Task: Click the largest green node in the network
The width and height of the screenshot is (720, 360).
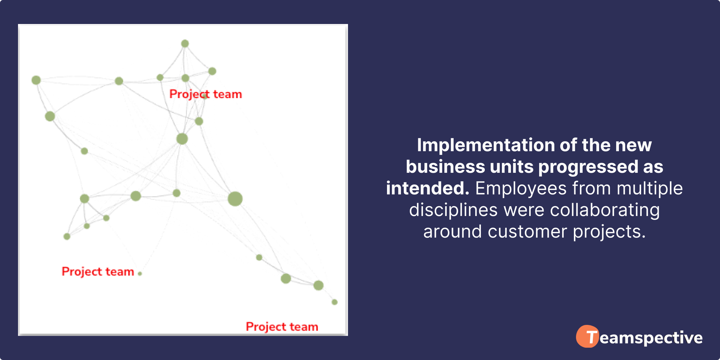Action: (x=235, y=199)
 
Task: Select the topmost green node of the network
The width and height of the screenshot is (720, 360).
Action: (x=185, y=43)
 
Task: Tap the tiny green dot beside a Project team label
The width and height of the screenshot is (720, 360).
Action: (x=140, y=273)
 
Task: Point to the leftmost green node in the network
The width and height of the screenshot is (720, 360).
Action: (x=36, y=80)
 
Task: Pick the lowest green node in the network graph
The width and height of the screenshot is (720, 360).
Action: (x=334, y=302)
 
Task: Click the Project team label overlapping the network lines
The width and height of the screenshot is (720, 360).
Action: (x=205, y=94)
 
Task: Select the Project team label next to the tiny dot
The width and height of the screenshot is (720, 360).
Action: (x=98, y=272)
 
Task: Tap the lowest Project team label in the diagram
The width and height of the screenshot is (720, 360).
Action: (x=282, y=327)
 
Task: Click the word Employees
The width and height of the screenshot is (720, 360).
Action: (x=521, y=188)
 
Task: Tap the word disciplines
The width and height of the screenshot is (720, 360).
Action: (x=454, y=210)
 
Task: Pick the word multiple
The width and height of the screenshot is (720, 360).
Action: (x=649, y=188)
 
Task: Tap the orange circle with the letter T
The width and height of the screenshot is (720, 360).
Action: (x=587, y=336)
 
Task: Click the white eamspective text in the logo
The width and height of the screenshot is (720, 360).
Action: (x=651, y=338)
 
